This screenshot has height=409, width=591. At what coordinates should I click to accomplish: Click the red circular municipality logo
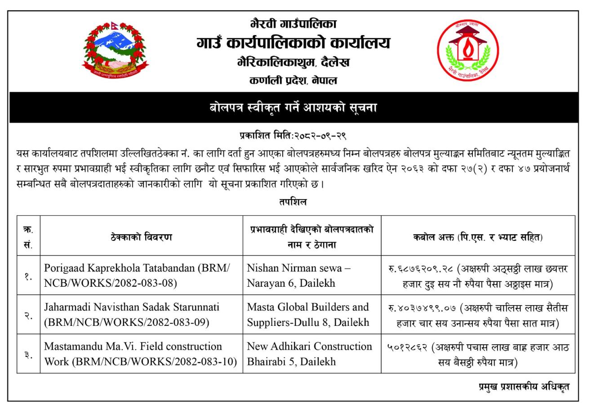tap(468, 50)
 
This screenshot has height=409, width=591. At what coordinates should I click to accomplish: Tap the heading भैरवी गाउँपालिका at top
tap(293, 23)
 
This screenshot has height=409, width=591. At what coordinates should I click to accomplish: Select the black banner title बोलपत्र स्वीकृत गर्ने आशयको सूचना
tap(293, 108)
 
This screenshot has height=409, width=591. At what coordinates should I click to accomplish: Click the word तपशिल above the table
tap(293, 202)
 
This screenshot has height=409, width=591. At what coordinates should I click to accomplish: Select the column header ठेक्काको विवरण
tap(141, 237)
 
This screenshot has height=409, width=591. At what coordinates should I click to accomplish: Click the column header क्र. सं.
tap(28, 237)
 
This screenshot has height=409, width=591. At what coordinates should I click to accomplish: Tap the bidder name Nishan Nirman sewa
tap(298, 268)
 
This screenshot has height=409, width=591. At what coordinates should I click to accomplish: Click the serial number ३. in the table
tap(28, 354)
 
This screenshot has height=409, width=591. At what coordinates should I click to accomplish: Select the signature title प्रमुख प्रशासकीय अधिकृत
tap(524, 387)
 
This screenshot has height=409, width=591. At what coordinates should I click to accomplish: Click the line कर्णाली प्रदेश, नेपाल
tap(293, 81)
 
